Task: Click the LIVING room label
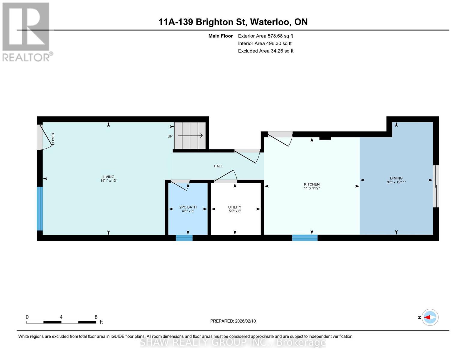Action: point(108,177)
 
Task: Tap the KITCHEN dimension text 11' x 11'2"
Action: point(312,188)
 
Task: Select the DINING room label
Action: point(396,178)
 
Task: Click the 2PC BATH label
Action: point(188,207)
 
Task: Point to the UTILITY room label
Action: point(235,207)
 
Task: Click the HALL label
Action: point(218,166)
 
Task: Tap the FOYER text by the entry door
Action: point(53,139)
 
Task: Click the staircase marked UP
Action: point(190,136)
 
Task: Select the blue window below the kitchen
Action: point(305,238)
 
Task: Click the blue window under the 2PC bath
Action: point(184,238)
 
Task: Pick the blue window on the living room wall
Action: point(40,208)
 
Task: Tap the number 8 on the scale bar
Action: point(96,317)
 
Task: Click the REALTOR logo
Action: point(26,31)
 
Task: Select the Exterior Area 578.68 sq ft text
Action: point(265,36)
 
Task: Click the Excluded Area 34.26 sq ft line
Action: point(266,51)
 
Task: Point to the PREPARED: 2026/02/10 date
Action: point(233,321)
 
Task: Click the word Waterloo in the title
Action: point(270,22)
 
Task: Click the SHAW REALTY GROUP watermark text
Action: point(233,342)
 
